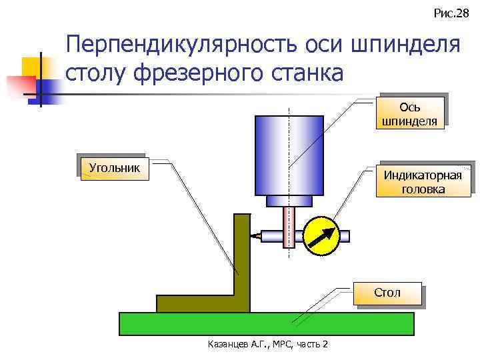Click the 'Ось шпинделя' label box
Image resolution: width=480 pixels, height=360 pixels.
[409, 114]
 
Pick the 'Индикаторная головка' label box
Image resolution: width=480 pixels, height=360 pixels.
[423, 182]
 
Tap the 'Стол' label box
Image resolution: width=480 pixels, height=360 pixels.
[387, 293]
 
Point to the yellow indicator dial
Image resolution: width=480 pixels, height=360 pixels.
[321, 235]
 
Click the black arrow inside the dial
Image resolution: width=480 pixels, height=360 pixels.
[322, 235]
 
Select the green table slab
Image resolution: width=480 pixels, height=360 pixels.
[267, 323]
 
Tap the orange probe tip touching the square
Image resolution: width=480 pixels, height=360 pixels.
[255, 235]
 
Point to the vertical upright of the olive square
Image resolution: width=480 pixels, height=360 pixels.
[241, 253]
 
